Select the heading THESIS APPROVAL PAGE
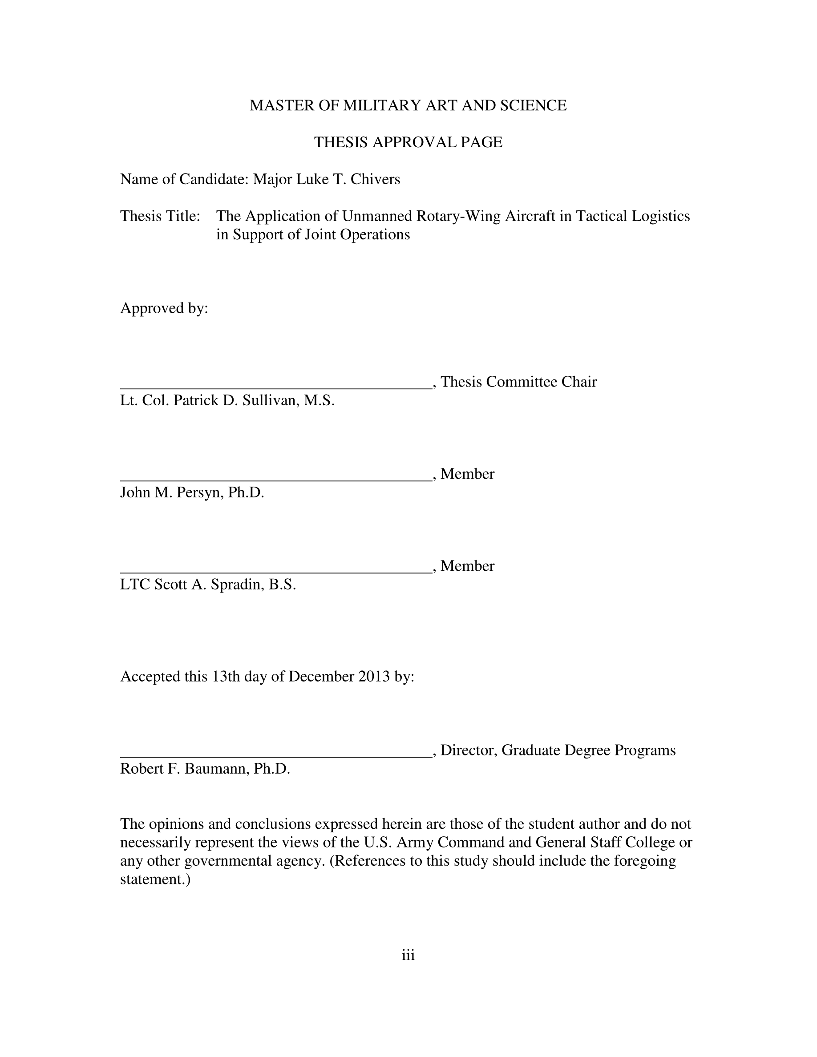point(408,142)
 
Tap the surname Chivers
point(375,180)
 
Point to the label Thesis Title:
point(160,216)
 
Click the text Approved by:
point(164,308)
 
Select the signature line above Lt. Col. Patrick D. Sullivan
point(275,387)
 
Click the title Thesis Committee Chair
point(518,382)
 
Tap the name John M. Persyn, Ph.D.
point(192,492)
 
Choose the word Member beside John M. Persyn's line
point(467,474)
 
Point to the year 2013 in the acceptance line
point(374,677)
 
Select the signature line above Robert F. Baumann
point(275,756)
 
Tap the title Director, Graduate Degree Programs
point(558,750)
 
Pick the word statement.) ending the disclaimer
point(155,879)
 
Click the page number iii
point(408,956)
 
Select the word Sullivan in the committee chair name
point(270,401)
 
